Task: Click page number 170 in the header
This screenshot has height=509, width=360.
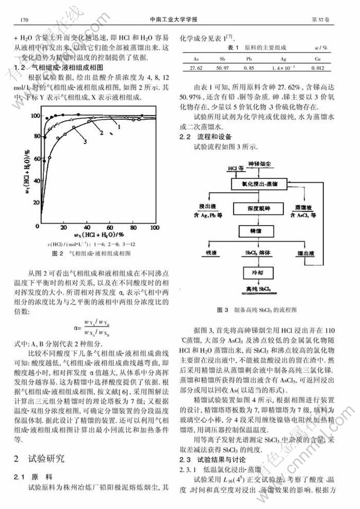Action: click(24, 20)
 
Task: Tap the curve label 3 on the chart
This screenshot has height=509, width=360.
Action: click(84, 140)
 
